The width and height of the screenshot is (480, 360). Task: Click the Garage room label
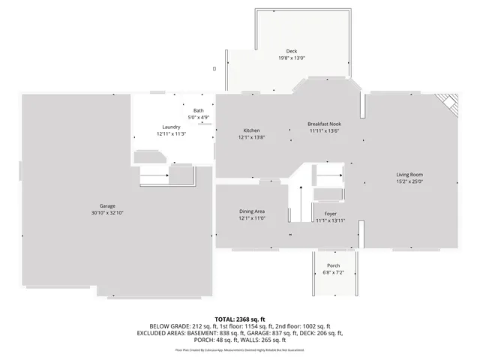click(107, 205)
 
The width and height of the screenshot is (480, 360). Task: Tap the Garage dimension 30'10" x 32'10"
click(107, 213)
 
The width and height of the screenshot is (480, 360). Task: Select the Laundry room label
click(171, 127)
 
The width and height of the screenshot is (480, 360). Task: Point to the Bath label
click(198, 110)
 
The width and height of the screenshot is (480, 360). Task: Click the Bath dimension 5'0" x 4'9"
click(198, 117)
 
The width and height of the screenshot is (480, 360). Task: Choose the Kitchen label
click(251, 130)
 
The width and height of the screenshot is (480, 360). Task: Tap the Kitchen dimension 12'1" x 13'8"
click(251, 137)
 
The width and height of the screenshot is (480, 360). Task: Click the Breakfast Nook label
click(324, 123)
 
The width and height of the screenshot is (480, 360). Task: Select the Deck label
click(291, 51)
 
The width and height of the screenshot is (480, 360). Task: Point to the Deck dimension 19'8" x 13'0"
click(291, 58)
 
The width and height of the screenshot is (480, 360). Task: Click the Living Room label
click(409, 174)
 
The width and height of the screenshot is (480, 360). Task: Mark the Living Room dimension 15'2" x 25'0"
click(409, 181)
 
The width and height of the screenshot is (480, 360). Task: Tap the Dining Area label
click(251, 212)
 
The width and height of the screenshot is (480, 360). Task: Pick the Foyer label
click(330, 214)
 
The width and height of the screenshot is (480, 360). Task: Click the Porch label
click(333, 265)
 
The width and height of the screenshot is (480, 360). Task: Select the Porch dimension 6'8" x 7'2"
click(333, 272)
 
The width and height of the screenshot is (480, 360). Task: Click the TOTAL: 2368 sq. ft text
click(239, 319)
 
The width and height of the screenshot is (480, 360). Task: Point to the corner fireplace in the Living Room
click(448, 103)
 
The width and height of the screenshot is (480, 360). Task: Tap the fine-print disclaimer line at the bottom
click(239, 349)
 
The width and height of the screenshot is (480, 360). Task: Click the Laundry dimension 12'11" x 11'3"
click(171, 134)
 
